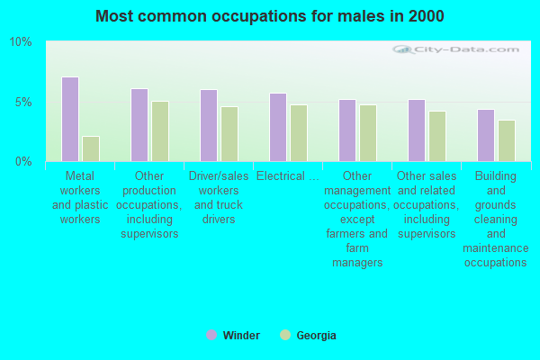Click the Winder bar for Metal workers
pyautogui.click(x=69, y=119)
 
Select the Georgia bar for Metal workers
pyautogui.click(x=90, y=148)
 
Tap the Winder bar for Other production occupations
pyautogui.click(x=139, y=125)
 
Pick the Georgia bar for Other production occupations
pyautogui.click(x=159, y=131)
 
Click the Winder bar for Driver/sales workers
pyautogui.click(x=208, y=125)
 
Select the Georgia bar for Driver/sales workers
pyautogui.click(x=229, y=134)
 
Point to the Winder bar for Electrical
pyautogui.click(x=277, y=127)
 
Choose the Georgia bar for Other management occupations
pyautogui.click(x=367, y=133)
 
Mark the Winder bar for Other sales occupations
pyautogui.click(x=416, y=130)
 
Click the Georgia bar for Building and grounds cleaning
pyautogui.click(x=506, y=140)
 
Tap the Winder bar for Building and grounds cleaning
pyautogui.click(x=485, y=135)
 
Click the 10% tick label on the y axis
pyautogui.click(x=21, y=42)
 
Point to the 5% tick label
pyautogui.click(x=23, y=102)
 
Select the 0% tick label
pyautogui.click(x=23, y=161)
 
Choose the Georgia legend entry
pyautogui.click(x=308, y=336)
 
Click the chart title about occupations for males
pyautogui.click(x=270, y=16)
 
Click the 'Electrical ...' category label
pyautogui.click(x=287, y=176)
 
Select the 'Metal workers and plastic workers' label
pyautogui.click(x=79, y=198)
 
